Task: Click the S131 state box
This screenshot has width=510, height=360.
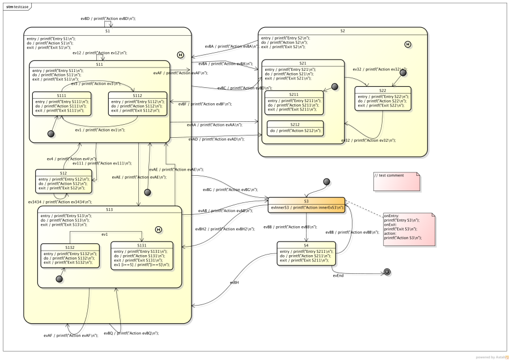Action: click(x=142, y=255)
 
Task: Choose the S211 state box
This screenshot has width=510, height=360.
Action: click(x=294, y=102)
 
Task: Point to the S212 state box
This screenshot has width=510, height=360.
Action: click(x=295, y=128)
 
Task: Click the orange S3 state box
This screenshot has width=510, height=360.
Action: click(x=306, y=205)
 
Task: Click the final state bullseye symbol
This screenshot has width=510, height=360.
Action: click(x=387, y=272)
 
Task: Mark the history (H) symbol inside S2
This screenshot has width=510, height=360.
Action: click(x=407, y=44)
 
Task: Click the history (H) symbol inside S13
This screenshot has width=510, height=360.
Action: click(x=158, y=229)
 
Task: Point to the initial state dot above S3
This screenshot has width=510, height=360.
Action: click(x=326, y=181)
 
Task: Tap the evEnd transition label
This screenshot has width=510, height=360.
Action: click(x=338, y=276)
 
